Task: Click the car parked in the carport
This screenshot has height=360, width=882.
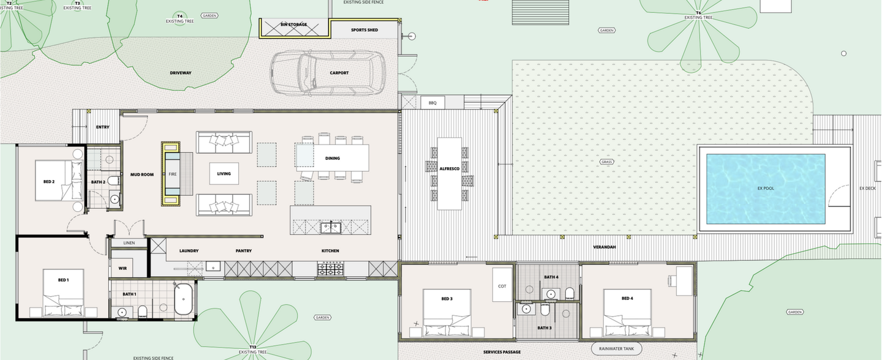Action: point(328,73)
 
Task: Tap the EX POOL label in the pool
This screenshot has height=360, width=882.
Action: point(765,189)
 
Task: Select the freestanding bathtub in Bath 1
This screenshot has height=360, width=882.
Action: point(183,299)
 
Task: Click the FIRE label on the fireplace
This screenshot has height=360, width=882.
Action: point(172,174)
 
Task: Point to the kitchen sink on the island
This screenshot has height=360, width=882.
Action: point(331,228)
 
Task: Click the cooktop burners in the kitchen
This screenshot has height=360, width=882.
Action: point(329,268)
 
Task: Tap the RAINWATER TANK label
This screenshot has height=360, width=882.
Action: point(616,349)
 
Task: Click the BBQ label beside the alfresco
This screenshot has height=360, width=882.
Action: point(432,103)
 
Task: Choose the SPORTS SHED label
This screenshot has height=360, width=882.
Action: point(364,29)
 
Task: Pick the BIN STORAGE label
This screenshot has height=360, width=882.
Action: point(294,24)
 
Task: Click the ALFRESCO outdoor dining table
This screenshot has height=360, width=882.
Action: point(449,173)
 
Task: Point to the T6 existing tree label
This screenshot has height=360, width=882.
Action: point(698,15)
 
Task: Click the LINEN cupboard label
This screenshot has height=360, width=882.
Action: point(129,243)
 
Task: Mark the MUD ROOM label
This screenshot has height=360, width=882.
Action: point(141,174)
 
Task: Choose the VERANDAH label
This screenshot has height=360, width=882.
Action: point(604,247)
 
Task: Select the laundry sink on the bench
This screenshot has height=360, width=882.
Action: point(213,266)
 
